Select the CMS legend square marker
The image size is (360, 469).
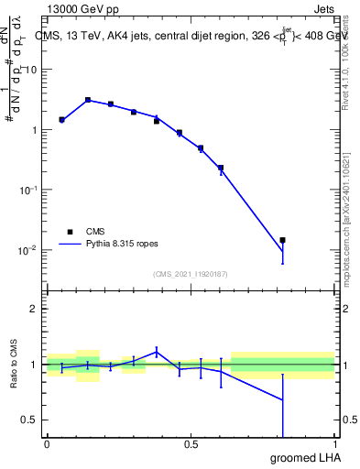coord(70,233)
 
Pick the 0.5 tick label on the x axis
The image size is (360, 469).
coord(191,444)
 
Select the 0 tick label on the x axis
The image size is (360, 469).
coord(47,444)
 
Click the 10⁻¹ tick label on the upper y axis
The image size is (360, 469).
coord(29,190)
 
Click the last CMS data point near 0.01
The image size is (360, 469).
coord(282,240)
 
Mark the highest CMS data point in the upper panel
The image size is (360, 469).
coord(88,100)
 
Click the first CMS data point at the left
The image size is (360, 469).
coord(61,119)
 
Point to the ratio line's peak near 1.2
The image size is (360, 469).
coord(157,350)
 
